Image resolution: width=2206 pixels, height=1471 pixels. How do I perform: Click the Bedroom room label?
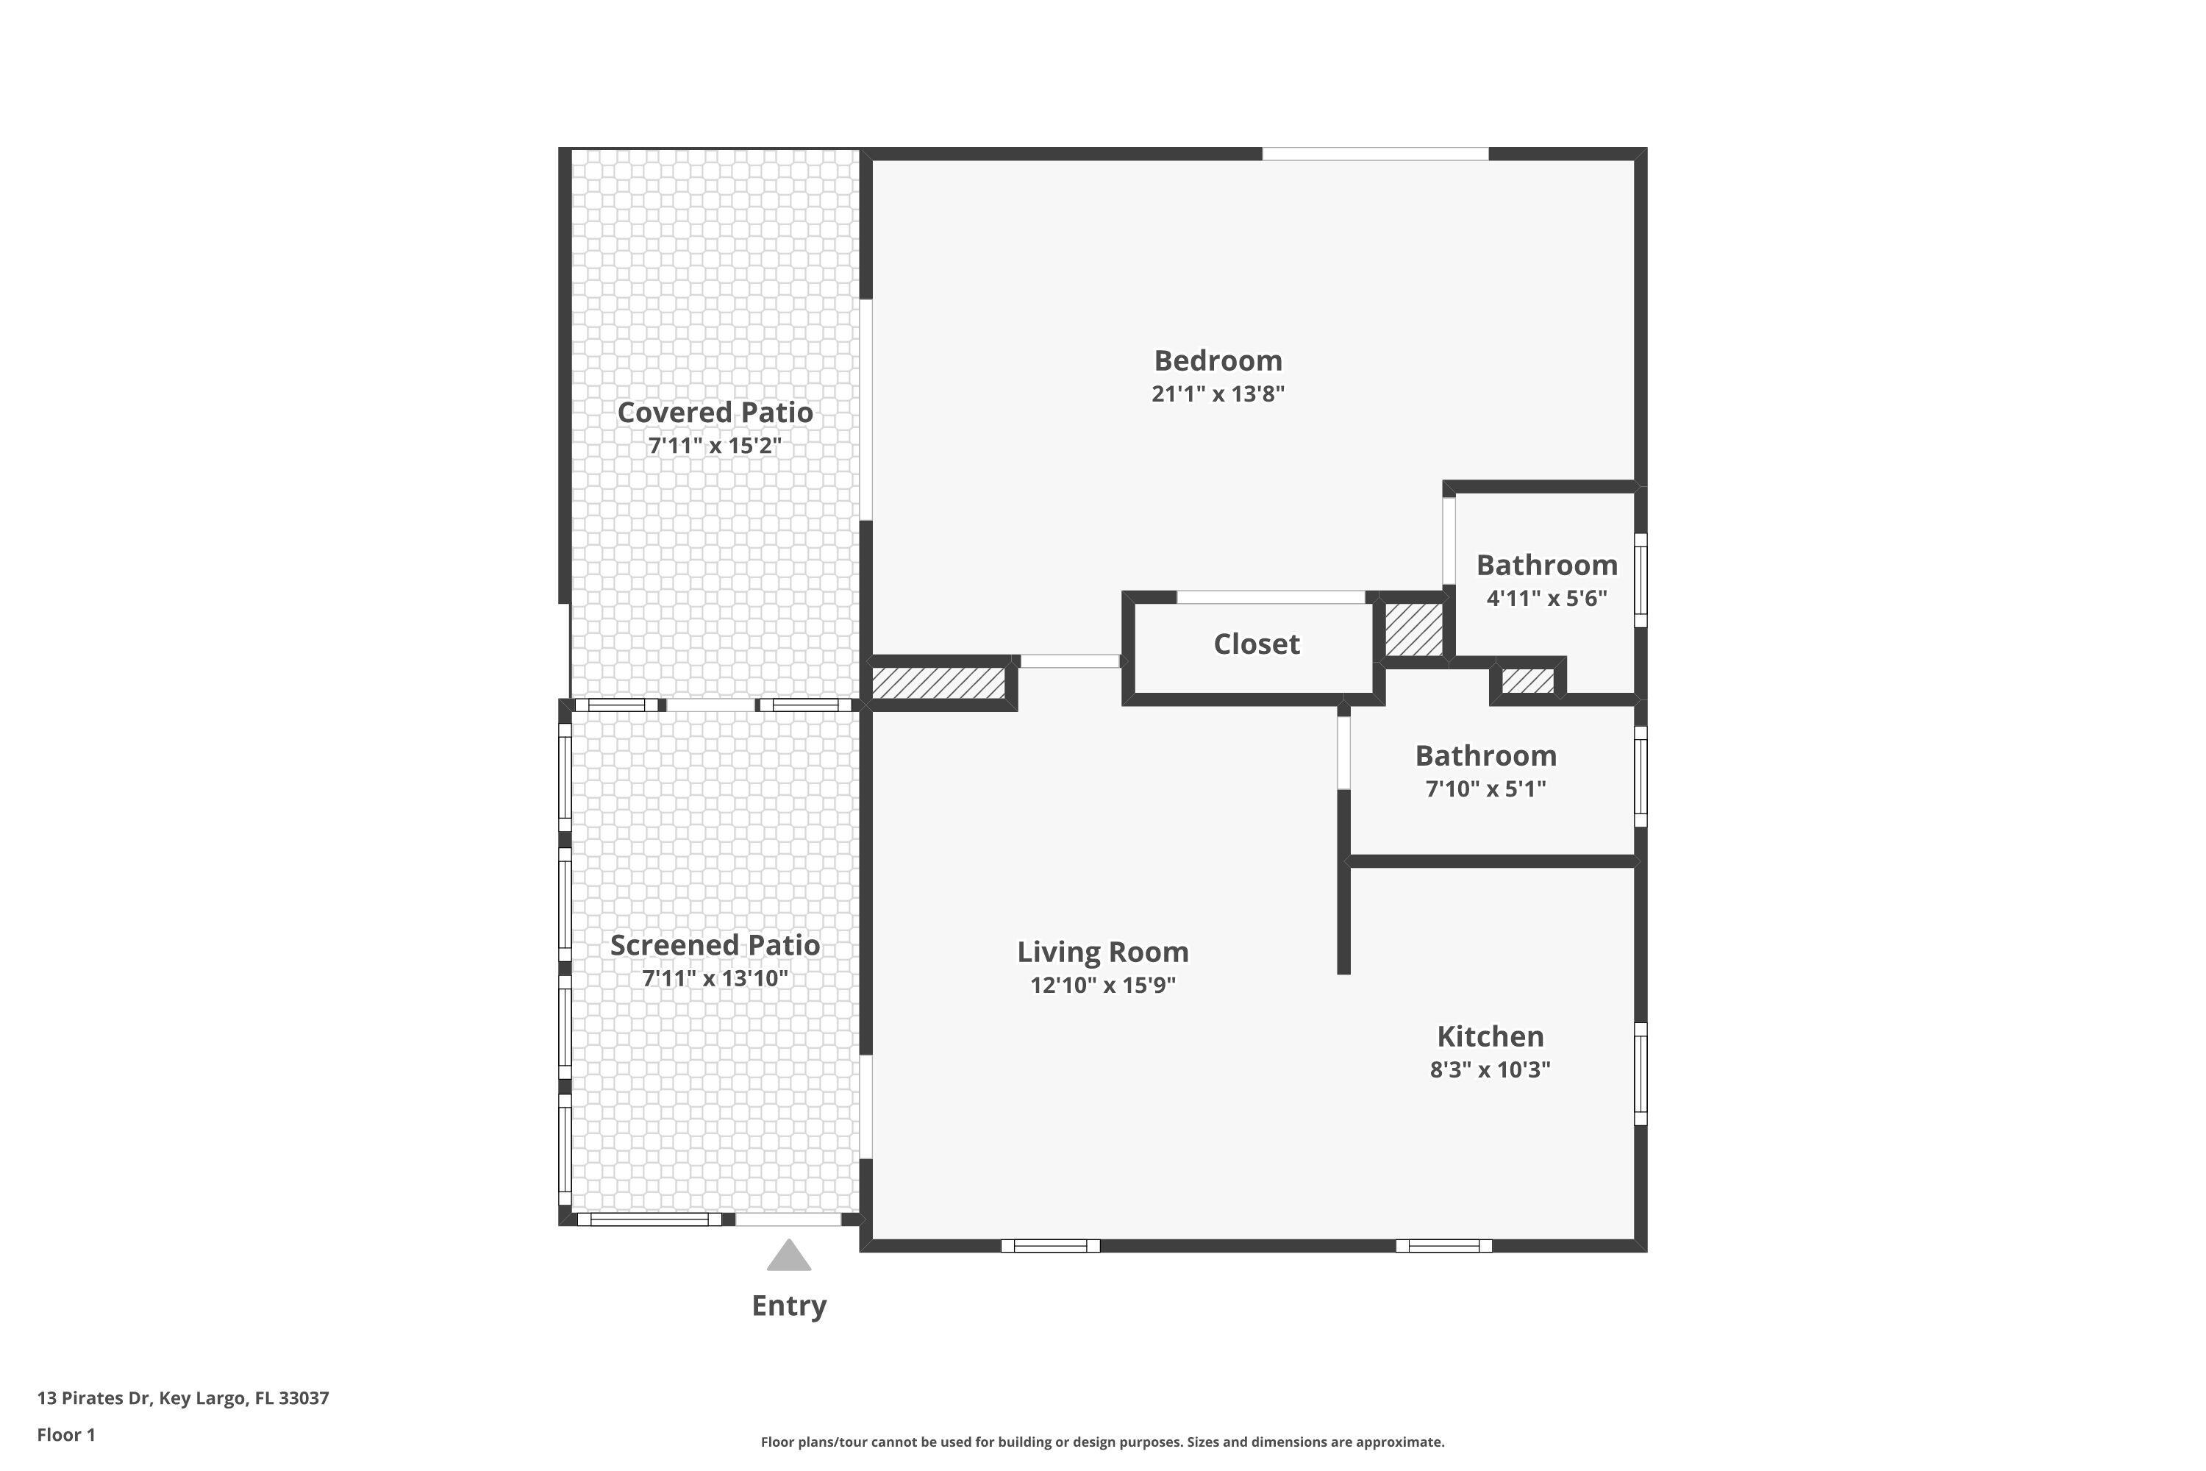(1218, 360)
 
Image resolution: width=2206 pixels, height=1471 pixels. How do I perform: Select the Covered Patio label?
(715, 412)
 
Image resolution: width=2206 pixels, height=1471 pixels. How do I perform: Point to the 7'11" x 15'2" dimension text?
(715, 445)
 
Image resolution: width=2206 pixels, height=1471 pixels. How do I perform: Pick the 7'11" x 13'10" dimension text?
(715, 977)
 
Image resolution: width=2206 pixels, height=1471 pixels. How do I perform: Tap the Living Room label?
(1103, 952)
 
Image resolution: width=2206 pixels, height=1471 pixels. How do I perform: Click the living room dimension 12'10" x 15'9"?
(1103, 985)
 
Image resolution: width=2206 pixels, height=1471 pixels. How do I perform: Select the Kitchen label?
(1491, 1036)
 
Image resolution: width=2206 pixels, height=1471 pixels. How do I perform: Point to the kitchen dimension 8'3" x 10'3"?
(1491, 1069)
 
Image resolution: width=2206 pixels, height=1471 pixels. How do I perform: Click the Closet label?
(1257, 644)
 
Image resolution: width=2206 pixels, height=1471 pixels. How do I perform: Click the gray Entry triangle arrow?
(789, 1256)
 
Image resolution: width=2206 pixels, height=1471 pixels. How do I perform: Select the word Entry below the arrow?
(789, 1306)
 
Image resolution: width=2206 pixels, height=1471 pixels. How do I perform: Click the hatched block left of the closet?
(938, 682)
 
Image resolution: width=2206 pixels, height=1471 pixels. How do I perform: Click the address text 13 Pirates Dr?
(94, 1398)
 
